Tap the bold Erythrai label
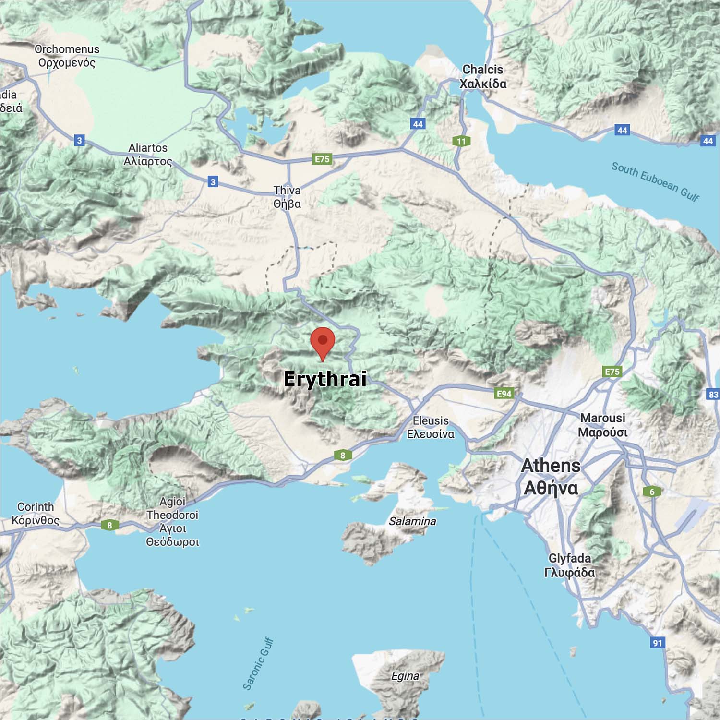tap(325, 379)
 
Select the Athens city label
tap(551, 477)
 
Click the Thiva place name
tap(287, 197)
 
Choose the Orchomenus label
tap(67, 56)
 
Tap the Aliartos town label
tap(148, 155)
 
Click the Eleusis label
tap(431, 427)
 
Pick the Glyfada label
tap(570, 565)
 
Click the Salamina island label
tap(412, 521)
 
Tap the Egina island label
tap(405, 676)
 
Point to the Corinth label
tap(36, 514)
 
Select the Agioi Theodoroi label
tap(172, 522)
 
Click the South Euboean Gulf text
tap(655, 181)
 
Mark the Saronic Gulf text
tap(258, 664)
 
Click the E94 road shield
tap(504, 394)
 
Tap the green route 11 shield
tap(461, 141)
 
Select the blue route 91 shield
tap(658, 643)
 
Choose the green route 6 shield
tap(652, 492)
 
